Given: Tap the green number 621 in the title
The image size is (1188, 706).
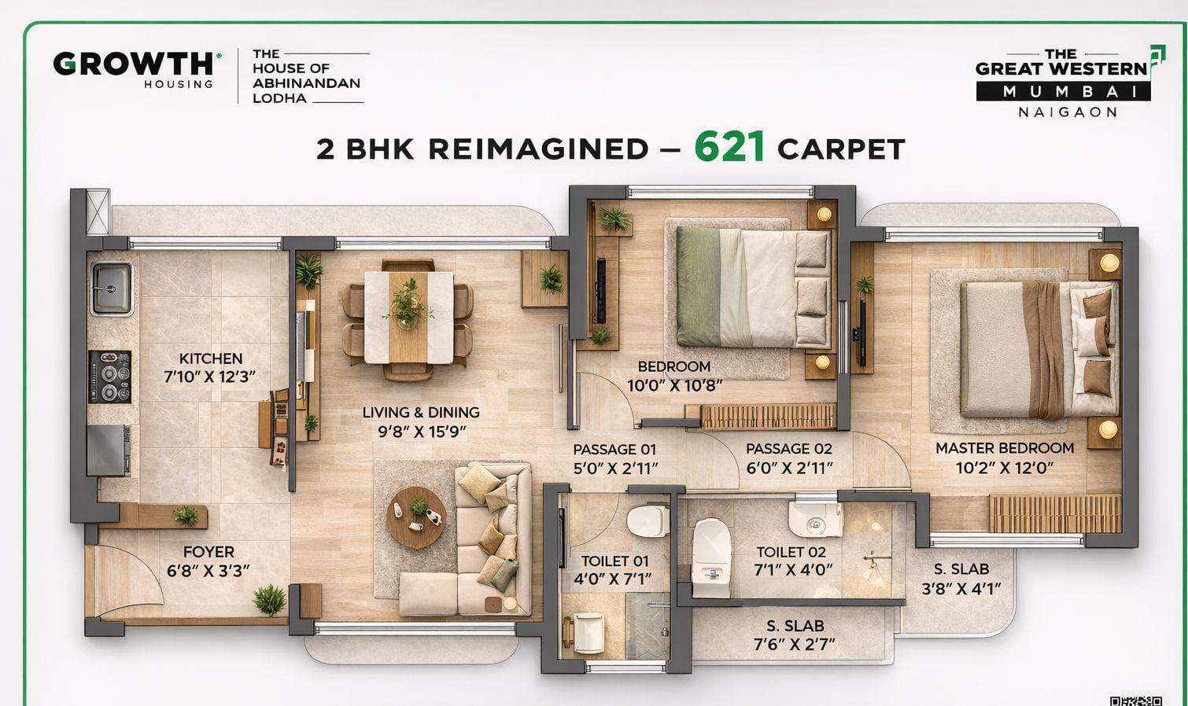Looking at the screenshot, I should tap(729, 147).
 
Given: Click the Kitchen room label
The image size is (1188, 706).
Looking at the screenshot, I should tap(210, 359).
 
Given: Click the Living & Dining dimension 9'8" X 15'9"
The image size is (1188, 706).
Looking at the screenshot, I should tap(420, 432).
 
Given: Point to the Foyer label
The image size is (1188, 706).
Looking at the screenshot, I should tap(208, 552).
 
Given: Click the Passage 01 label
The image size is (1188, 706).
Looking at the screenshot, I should tap(614, 450).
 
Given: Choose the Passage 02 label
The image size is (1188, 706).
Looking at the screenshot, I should tap(788, 449).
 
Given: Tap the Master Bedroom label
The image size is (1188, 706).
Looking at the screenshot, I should tap(1004, 448).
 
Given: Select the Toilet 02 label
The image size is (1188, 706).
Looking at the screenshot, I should tap(791, 553).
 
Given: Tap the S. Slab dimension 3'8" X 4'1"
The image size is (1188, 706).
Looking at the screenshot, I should tap(961, 588).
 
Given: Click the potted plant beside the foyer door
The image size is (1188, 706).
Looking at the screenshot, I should tap(269, 600).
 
